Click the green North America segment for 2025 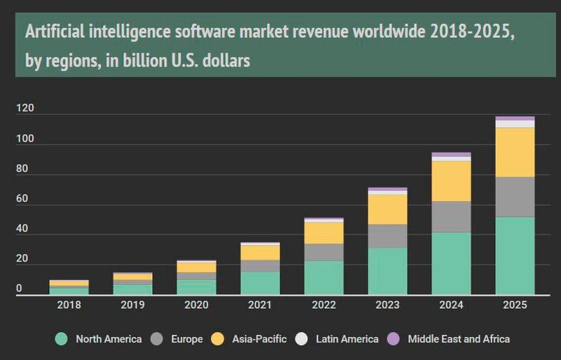tap(515, 255)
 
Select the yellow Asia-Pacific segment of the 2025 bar tap(515, 152)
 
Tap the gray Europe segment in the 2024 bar tap(451, 217)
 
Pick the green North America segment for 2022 tap(323, 278)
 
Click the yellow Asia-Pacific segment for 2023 tap(387, 209)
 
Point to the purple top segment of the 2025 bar tap(515, 118)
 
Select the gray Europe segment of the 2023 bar tap(387, 236)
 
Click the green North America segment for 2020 tap(196, 287)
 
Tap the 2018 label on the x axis tap(69, 305)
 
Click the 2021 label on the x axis tap(259, 305)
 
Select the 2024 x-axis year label tap(451, 305)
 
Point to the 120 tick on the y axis tap(25, 109)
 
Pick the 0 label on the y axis tap(19, 289)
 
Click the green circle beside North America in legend tap(62, 339)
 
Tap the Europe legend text tap(186, 339)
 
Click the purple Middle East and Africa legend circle tap(393, 339)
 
